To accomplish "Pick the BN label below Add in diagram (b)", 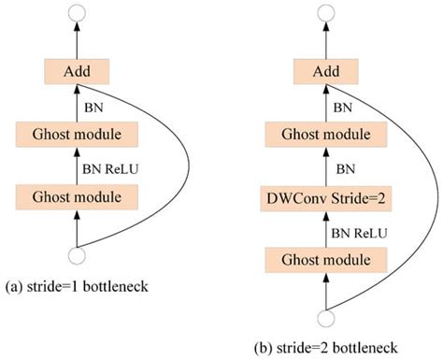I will [x=345, y=105].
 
